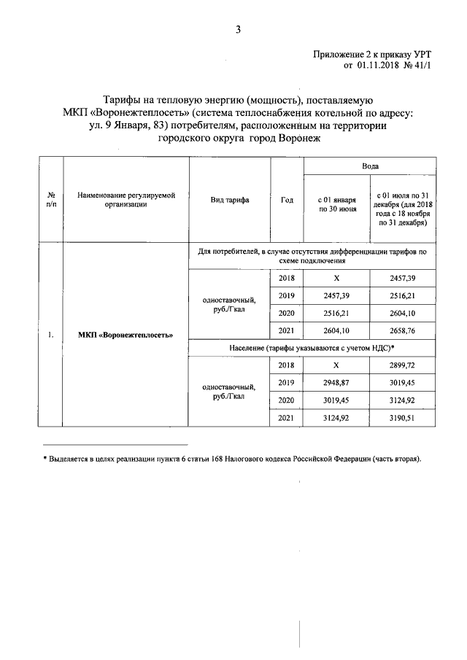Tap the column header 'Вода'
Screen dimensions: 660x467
[x=370, y=167]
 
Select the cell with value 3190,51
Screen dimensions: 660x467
[x=403, y=416]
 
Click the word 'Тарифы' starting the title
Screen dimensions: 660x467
[x=121, y=99]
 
